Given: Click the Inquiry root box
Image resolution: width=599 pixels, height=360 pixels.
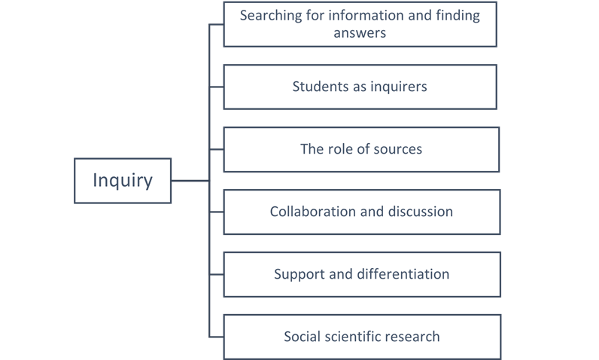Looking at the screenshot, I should tap(123, 181).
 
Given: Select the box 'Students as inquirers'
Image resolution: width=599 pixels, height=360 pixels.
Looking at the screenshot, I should tap(360, 87).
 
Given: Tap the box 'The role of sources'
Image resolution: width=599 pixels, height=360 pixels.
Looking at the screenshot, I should tap(361, 149).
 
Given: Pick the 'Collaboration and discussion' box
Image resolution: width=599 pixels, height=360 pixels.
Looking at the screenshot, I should tap(361, 212).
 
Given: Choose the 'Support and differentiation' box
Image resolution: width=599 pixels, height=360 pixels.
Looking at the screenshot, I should tap(361, 274).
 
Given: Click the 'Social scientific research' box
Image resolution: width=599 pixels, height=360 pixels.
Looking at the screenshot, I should tap(361, 337).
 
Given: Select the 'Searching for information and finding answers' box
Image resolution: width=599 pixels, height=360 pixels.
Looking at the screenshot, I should tap(360, 24).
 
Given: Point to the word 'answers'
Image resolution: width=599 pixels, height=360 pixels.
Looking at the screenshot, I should tap(360, 32).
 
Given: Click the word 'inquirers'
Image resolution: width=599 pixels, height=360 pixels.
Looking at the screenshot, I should tap(398, 87).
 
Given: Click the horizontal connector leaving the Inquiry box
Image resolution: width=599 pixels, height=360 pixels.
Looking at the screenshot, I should tap(190, 181).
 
